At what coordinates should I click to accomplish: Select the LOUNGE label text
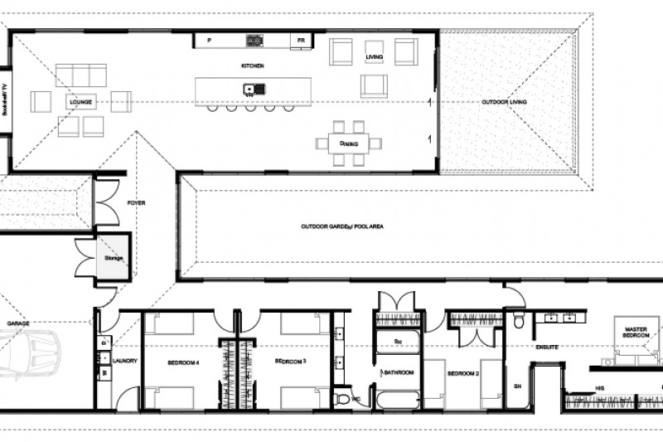pos(81,103)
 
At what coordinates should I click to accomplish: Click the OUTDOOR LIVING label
pos(506,102)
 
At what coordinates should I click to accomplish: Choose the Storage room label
pos(113,258)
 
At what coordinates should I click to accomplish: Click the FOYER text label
pos(136,202)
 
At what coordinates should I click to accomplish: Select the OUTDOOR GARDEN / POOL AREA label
pos(341,226)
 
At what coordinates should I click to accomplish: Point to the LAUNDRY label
pos(124,361)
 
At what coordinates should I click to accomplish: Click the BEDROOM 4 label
pos(182,362)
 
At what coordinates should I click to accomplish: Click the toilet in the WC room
pos(343,399)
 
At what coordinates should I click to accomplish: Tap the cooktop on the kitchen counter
pos(254,39)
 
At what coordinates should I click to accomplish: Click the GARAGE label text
pos(18,324)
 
